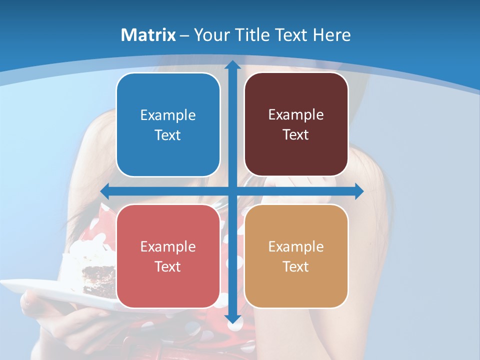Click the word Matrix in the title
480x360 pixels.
pyautogui.click(x=148, y=35)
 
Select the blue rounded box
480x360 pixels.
pyautogui.click(x=168, y=124)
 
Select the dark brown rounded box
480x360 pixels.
pyautogui.click(x=296, y=124)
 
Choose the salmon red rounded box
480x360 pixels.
pyautogui.click(x=168, y=256)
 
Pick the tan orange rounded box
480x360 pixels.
pyautogui.click(x=296, y=256)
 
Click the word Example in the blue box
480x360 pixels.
pyautogui.click(x=168, y=115)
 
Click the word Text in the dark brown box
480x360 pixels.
pyautogui.click(x=296, y=134)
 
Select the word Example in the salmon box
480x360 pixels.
pyautogui.click(x=168, y=246)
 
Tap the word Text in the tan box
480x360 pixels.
pyautogui.click(x=296, y=266)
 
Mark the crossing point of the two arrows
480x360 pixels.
pyautogui.click(x=232, y=191)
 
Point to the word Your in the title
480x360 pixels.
pyautogui.click(x=210, y=35)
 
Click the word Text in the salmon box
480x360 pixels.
pyautogui.click(x=168, y=266)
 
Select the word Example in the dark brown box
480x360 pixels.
pyautogui.click(x=296, y=114)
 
